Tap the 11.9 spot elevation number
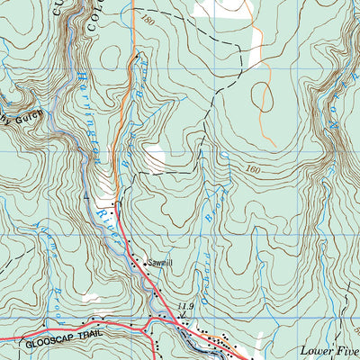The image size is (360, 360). coord(186,309)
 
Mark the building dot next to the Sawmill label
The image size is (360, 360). coord(135,262)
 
